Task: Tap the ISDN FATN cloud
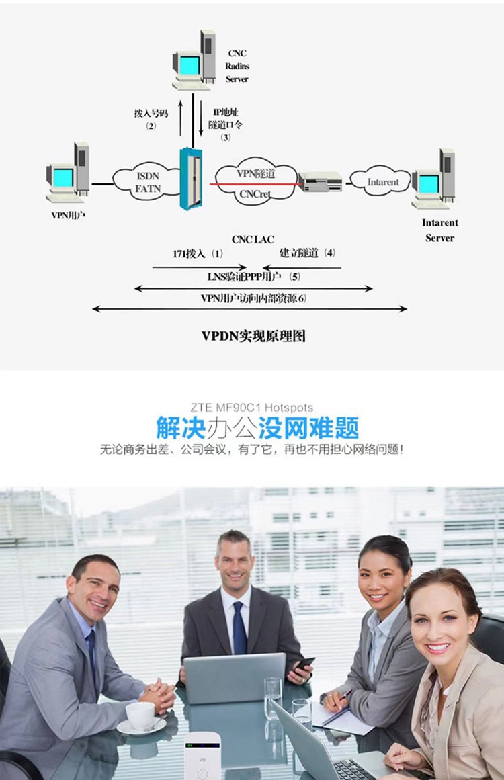[147, 181]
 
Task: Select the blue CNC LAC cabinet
[191, 178]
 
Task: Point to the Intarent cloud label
[383, 182]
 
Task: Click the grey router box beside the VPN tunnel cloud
[321, 181]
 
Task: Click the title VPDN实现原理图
[253, 336]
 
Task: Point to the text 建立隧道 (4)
[307, 253]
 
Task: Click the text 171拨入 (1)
[198, 253]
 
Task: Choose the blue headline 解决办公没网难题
[257, 428]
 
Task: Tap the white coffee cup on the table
[140, 716]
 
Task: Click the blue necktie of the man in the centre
[239, 627]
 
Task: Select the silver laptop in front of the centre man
[235, 679]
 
